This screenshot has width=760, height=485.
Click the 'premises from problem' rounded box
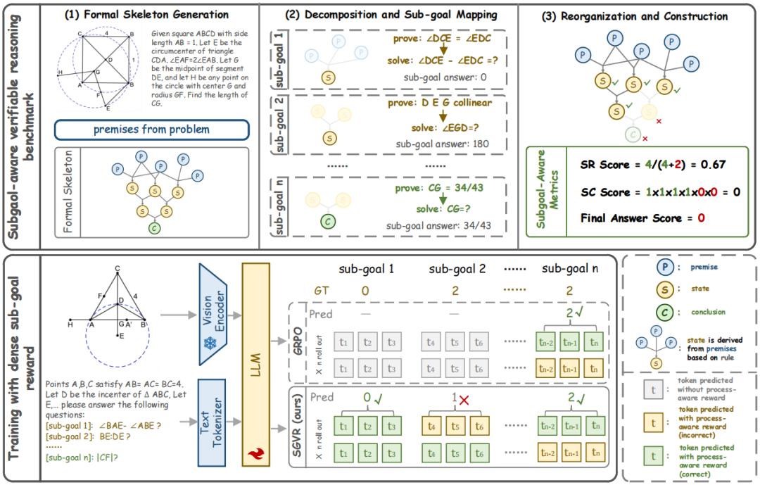click(x=152, y=130)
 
